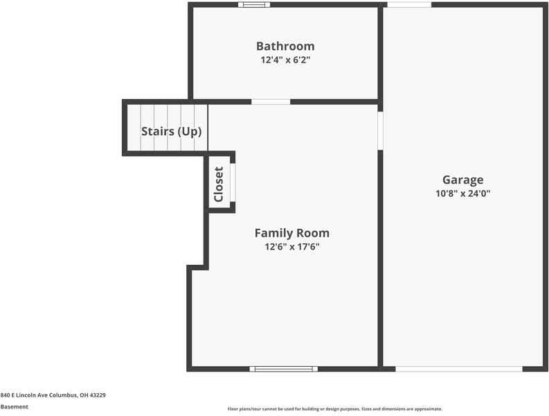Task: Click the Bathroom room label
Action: pyautogui.click(x=285, y=46)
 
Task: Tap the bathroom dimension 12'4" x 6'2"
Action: pyautogui.click(x=285, y=60)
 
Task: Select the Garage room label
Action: pyautogui.click(x=462, y=180)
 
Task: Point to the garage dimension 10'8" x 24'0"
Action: pyautogui.click(x=462, y=194)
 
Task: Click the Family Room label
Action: pyautogui.click(x=291, y=233)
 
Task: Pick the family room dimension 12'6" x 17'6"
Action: pyautogui.click(x=291, y=247)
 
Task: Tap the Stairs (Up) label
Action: pyautogui.click(x=171, y=131)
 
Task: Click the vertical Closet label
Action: pyautogui.click(x=219, y=184)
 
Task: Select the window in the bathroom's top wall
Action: pyautogui.click(x=254, y=5)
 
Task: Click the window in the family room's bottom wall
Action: pyautogui.click(x=283, y=369)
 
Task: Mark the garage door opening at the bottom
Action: pyautogui.click(x=458, y=369)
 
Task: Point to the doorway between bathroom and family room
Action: pyautogui.click(x=271, y=102)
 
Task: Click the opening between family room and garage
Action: pyautogui.click(x=380, y=130)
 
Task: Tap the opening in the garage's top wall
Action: pyautogui.click(x=408, y=5)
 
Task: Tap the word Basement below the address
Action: pyautogui.click(x=15, y=407)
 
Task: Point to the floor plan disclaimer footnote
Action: pyautogui.click(x=334, y=409)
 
